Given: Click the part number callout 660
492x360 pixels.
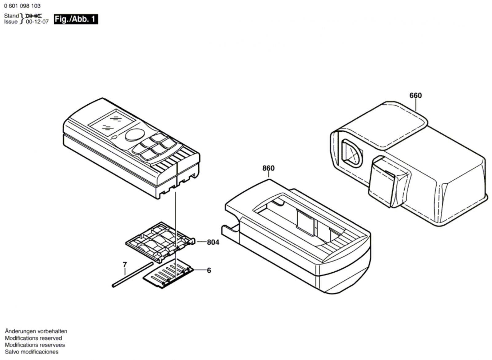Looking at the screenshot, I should (415, 96).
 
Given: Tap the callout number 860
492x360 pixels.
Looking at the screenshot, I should (268, 168).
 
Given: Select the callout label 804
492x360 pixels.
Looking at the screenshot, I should (213, 242).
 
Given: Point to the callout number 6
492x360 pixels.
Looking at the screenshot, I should (209, 270).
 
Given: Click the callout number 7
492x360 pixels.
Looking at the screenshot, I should (125, 265).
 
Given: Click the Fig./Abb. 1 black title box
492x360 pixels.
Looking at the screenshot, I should (76, 19).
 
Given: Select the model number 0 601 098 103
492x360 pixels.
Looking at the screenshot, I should (22, 6).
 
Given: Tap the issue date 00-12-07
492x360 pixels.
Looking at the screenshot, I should (37, 22).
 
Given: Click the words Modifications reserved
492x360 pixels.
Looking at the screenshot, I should (33, 338).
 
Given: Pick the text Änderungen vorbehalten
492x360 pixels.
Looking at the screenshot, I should (36, 331).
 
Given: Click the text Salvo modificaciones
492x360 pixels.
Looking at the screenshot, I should (32, 352).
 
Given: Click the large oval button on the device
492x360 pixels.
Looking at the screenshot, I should (135, 135).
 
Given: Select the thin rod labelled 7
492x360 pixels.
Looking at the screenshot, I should (132, 274).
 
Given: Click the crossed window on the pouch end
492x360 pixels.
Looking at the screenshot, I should (352, 154).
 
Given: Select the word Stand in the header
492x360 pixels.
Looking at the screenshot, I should (11, 16).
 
